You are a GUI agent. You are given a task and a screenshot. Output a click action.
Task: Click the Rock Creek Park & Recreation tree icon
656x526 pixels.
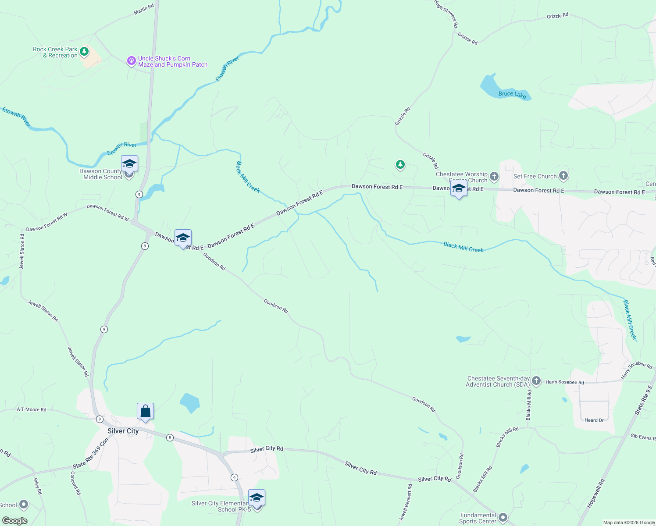(x=84, y=52)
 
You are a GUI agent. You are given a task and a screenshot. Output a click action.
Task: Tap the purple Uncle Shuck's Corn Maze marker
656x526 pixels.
(x=131, y=61)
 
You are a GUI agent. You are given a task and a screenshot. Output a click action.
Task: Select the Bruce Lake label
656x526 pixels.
(x=512, y=94)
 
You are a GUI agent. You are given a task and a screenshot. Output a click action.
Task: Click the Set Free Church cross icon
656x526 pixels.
(x=563, y=176)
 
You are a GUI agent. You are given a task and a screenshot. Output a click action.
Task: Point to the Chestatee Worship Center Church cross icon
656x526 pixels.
(x=494, y=177)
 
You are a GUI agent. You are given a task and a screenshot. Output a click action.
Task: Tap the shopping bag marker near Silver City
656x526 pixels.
(x=145, y=412)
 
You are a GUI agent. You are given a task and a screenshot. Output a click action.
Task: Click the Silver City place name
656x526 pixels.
(x=123, y=431)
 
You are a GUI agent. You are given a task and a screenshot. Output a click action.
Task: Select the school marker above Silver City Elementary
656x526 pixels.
(x=257, y=498)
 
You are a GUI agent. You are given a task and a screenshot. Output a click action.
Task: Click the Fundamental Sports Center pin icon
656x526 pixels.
(x=503, y=518)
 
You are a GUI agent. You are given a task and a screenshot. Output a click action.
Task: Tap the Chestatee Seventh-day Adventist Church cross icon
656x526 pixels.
(x=536, y=381)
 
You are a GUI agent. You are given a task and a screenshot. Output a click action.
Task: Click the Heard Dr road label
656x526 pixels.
(x=594, y=420)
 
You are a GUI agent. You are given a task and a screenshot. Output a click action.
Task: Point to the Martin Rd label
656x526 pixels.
(x=144, y=9)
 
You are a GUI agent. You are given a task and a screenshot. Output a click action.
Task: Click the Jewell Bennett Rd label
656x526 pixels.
(x=406, y=502)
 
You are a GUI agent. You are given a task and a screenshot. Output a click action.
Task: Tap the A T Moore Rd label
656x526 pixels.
(x=32, y=409)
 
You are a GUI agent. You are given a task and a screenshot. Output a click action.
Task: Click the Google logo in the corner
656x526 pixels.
(x=14, y=521)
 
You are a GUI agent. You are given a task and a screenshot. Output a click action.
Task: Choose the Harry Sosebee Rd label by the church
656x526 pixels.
(x=564, y=382)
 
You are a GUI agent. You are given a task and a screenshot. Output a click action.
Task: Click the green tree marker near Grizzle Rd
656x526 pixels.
(x=400, y=165)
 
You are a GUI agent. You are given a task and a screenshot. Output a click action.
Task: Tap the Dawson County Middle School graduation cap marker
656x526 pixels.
(x=129, y=164)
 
